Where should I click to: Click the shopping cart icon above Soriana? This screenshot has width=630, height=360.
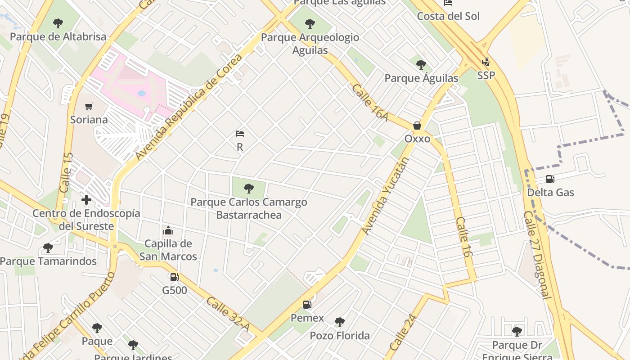coord(89,107)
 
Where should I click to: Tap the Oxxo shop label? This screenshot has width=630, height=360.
coord(417,139)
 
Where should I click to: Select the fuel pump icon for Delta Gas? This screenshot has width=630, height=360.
coord(550,179)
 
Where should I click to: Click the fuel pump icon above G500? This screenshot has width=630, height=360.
coord(174,277)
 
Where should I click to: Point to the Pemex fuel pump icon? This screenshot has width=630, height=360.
coord(307,305)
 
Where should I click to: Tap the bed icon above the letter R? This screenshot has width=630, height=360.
coord(240,134)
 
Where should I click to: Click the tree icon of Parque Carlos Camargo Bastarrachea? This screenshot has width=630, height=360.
coord(248,189)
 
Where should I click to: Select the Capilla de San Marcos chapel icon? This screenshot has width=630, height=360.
coord(168,231)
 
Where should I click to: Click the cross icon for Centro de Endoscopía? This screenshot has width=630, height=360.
coord(86,200)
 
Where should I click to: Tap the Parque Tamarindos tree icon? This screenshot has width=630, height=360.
coord(48,248)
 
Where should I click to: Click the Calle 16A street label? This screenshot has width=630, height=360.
coord(370,102)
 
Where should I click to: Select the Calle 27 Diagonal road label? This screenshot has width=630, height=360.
coord(537,255)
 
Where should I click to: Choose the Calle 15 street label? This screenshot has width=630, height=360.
coord(66,173)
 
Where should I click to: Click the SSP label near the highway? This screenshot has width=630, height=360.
coord(486,76)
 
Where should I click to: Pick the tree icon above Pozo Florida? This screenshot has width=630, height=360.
coord(340,322)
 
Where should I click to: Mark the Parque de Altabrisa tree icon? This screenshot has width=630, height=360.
coord(58,23)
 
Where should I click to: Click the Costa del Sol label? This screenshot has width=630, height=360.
coord(448,16)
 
